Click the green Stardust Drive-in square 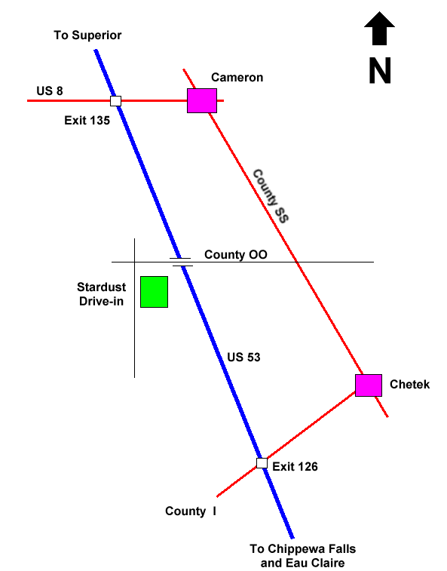click(155, 292)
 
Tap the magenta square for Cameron click(202, 100)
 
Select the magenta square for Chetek click(369, 385)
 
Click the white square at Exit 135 click(116, 101)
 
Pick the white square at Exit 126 click(262, 463)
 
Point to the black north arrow click(380, 29)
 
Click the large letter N click(380, 71)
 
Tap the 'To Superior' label click(87, 35)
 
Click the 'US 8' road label click(50, 91)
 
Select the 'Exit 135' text click(87, 121)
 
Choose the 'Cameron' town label click(237, 78)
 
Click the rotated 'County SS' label click(271, 196)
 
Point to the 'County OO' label click(236, 254)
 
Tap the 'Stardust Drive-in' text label click(102, 294)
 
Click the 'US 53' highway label click(244, 358)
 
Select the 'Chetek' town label click(410, 385)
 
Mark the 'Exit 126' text click(295, 467)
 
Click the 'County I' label click(191, 511)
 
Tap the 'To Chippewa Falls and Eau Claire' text click(303, 556)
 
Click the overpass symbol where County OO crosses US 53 click(181, 262)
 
